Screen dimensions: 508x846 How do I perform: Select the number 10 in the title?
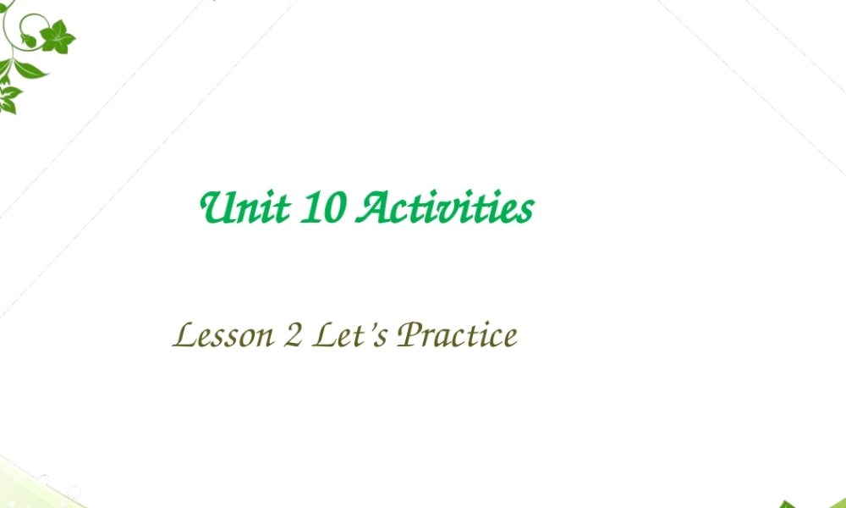pos(321,208)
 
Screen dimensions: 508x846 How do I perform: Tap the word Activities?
pos(445,208)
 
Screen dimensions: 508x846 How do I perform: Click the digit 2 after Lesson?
pos(293,337)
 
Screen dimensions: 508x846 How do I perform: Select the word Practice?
pos(457,336)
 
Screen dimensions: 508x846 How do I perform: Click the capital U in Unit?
pos(215,208)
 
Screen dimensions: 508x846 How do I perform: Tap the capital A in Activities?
pos(373,208)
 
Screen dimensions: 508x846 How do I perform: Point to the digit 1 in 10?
pos(310,208)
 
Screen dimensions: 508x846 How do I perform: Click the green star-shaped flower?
pos(57,36)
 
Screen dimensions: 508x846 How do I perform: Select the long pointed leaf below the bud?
pos(29,68)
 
